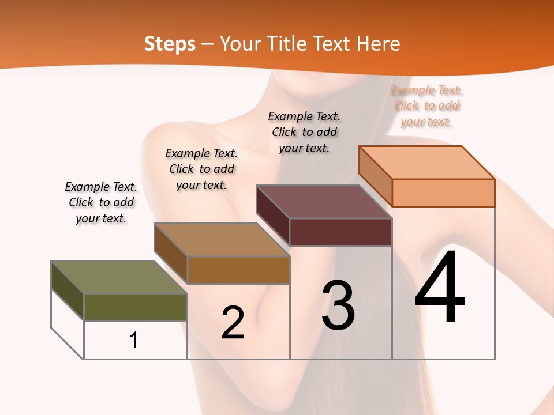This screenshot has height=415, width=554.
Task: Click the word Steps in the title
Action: [x=169, y=44]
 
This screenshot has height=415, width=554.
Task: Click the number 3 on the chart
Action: [x=338, y=305]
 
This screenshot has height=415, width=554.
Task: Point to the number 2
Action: [x=233, y=323]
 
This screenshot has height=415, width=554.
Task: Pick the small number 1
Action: [x=134, y=340]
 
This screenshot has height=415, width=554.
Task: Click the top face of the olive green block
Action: [x=118, y=277]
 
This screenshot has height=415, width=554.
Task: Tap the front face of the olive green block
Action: [x=135, y=307]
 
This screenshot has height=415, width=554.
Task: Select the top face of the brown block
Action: [x=221, y=240]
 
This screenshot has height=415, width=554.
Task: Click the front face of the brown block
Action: [x=238, y=270]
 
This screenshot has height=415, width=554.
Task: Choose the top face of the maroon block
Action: [x=324, y=202]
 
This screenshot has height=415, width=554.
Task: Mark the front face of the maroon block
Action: [x=340, y=232]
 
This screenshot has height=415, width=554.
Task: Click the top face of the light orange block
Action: [x=426, y=162]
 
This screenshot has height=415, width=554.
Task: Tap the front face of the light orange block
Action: [x=443, y=193]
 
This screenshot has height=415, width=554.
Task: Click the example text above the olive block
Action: [x=101, y=202]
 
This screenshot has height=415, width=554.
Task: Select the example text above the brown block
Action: [x=201, y=169]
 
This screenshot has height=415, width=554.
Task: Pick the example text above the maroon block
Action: [x=304, y=132]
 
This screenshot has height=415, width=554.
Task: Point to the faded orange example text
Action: [x=426, y=106]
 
